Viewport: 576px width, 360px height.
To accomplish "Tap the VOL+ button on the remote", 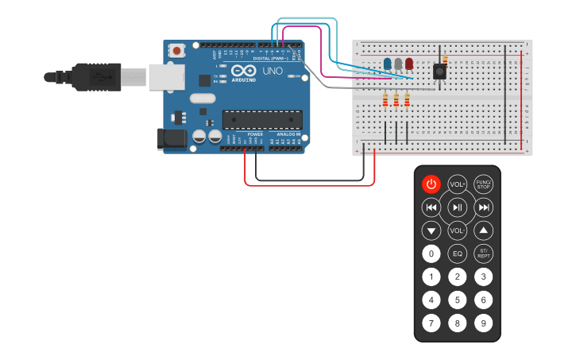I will pos(457,184).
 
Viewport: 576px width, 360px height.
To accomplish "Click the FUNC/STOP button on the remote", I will pos(483,184).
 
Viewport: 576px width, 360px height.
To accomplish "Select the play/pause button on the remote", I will pos(457,207).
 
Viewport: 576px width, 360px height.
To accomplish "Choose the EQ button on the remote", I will pos(457,254).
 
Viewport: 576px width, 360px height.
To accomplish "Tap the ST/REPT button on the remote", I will pos(483,254).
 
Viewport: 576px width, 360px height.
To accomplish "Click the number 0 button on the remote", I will pos(431,254).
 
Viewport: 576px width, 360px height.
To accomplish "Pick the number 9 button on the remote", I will pos(483,323).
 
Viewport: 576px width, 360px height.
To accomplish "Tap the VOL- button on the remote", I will pos(457,231).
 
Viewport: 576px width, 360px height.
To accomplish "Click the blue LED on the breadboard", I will pos(387,64).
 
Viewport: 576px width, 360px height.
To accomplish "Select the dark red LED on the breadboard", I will pos(408,64).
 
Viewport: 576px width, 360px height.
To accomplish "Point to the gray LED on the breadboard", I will pos(398,64).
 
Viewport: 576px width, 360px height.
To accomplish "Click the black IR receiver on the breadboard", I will pos(439,72).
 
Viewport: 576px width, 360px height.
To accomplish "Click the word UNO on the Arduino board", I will pos(272,72).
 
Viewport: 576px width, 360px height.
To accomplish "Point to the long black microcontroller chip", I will pos(262,119).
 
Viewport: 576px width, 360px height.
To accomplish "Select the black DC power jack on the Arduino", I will pos(172,140).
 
